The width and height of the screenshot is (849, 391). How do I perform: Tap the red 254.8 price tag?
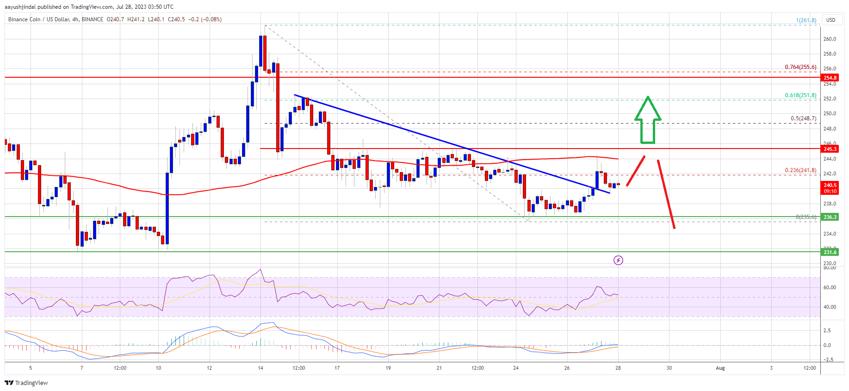point(830,78)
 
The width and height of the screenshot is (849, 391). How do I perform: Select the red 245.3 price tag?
point(830,149)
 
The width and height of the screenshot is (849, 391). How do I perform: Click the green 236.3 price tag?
point(830,217)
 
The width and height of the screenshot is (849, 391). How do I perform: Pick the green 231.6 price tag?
point(830,252)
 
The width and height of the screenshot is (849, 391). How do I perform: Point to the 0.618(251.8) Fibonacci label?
point(800,95)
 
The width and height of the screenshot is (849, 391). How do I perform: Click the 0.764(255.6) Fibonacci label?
point(800,67)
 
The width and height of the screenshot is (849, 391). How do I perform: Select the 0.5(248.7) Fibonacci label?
point(803,118)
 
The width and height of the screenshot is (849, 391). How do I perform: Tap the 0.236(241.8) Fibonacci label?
point(800,170)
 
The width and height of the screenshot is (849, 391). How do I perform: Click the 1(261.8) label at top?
point(806,20)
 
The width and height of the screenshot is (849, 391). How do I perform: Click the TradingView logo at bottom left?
point(26,383)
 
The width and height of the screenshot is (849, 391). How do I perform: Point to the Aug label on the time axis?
point(720,368)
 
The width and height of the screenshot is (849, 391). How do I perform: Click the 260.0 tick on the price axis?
point(830,39)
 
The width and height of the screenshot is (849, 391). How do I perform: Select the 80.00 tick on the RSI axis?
point(830,268)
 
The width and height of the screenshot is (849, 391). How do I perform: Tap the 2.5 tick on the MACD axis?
point(827,330)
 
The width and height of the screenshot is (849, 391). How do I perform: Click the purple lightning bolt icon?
point(618,261)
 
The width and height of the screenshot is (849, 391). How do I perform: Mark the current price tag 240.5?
point(830,185)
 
